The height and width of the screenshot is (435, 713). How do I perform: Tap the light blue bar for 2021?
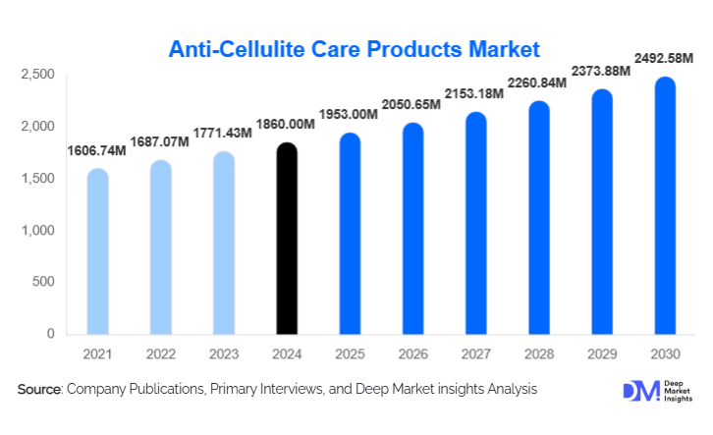(97, 251)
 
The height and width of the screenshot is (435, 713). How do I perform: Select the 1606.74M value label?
(97, 150)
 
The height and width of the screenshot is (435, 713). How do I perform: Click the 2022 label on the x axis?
(160, 353)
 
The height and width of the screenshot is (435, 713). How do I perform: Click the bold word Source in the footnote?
(38, 390)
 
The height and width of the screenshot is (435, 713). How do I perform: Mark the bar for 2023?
(223, 244)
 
